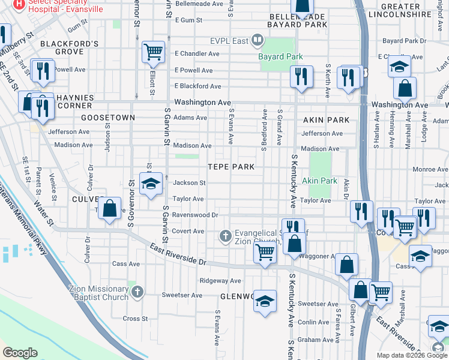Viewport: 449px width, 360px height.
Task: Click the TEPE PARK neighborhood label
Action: coord(231,166)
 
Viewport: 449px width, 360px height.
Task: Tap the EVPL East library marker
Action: coord(258,41)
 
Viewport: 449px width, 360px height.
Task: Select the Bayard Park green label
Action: coord(280,56)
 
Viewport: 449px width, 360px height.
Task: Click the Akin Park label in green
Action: coord(319,181)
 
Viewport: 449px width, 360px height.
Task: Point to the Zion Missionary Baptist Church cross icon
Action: coord(137,292)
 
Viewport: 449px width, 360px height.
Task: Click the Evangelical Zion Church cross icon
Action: coord(226,236)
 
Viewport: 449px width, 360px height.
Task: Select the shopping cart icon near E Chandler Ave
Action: coord(153,52)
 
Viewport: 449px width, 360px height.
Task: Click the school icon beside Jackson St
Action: coord(151,184)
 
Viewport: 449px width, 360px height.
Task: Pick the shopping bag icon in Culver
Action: coord(109,209)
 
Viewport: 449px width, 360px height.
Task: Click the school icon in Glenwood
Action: coord(264,301)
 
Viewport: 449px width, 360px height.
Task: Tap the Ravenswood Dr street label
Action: coord(194,214)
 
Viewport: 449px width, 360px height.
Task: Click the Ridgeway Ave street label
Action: coord(220,280)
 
